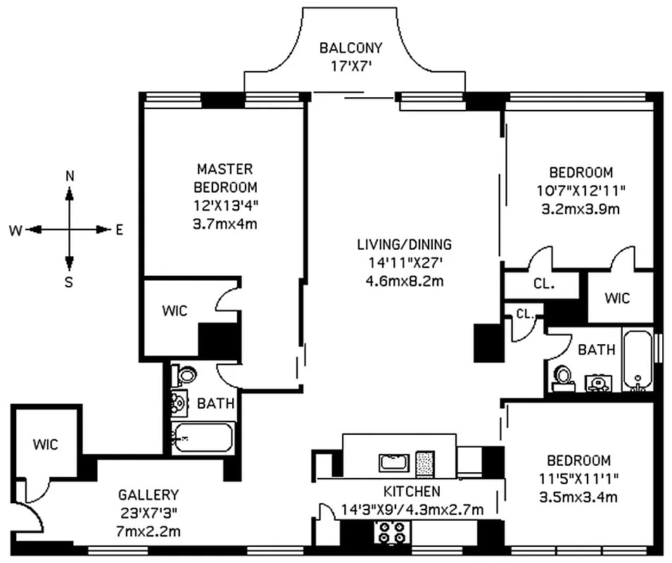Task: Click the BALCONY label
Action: tap(350, 48)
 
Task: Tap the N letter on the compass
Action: tap(70, 176)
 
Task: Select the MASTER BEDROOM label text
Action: tap(224, 178)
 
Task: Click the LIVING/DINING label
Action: tap(403, 245)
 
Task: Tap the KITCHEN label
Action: tap(412, 491)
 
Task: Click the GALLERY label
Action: tap(148, 495)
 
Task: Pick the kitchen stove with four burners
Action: tap(393, 536)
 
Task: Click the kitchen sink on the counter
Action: tap(393, 462)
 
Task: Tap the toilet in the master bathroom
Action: tap(186, 376)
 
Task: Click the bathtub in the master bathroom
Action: tap(203, 437)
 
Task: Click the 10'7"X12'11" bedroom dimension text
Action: tap(581, 190)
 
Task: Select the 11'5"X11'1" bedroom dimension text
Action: tap(579, 479)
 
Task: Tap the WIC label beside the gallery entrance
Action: tap(44, 444)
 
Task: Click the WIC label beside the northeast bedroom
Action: tap(617, 298)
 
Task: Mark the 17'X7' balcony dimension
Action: tap(350, 67)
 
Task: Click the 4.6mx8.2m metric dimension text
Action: tap(403, 281)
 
